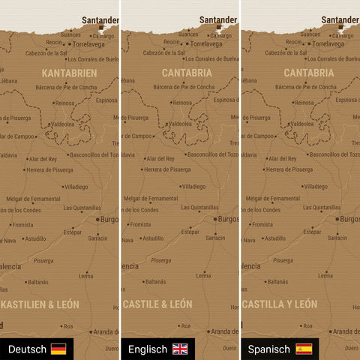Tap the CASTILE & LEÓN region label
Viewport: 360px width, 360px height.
pyautogui.click(x=157, y=304)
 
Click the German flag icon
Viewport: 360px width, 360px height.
pyautogui.click(x=58, y=349)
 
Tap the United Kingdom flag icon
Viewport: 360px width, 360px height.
pyautogui.click(x=181, y=349)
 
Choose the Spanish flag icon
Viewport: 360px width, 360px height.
pyautogui.click(x=304, y=349)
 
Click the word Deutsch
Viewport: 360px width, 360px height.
pyautogui.click(x=27, y=349)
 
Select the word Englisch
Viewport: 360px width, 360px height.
pyautogui.click(x=148, y=349)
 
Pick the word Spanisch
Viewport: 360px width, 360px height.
pyautogui.click(x=269, y=349)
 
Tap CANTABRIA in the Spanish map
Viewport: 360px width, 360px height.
pyautogui.click(x=309, y=73)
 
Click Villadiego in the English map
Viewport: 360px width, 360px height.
pyautogui.click(x=192, y=186)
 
